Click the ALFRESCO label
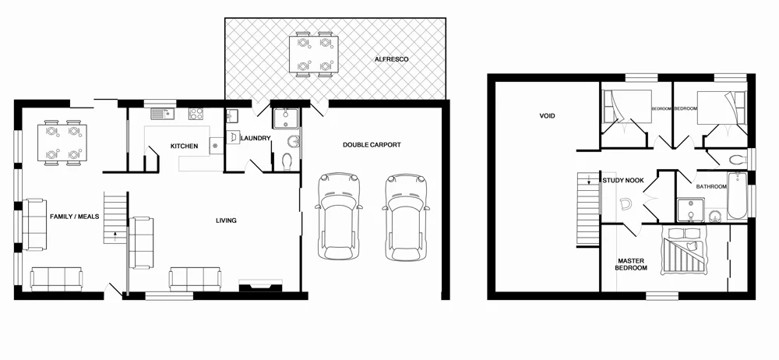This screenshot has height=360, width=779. [x=391, y=59]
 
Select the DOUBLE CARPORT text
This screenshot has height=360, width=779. [x=372, y=145]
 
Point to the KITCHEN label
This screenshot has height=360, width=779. [x=184, y=146]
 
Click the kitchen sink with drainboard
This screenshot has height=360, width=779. [x=163, y=114]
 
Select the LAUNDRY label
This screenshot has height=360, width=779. [x=256, y=139]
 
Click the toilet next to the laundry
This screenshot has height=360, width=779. [x=287, y=161]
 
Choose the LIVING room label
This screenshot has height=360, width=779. [x=226, y=221]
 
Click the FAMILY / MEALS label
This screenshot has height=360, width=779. [x=74, y=216]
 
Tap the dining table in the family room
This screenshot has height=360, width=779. [x=62, y=141]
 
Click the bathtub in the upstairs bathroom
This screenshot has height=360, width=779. [x=737, y=198]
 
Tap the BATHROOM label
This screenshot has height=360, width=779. [x=711, y=187]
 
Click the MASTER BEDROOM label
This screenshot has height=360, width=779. [x=632, y=264]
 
